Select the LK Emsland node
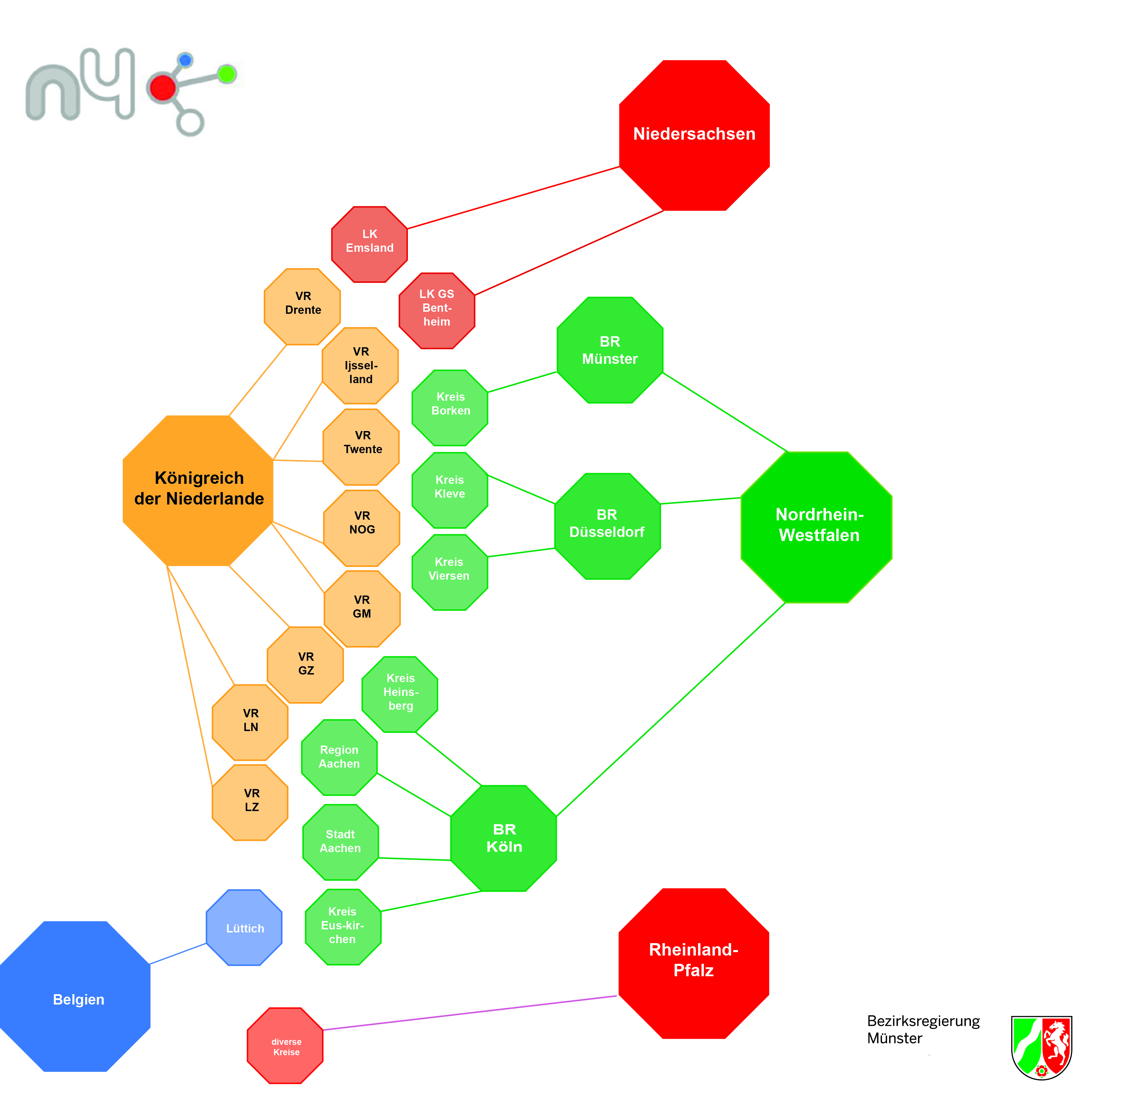(x=369, y=244)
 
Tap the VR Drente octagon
(x=302, y=306)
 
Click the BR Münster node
(x=610, y=350)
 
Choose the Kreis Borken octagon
(x=450, y=408)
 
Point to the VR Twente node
(x=361, y=447)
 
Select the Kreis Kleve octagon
(x=450, y=490)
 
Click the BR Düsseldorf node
(x=607, y=526)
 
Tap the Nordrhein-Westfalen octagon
(x=816, y=527)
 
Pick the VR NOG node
(x=362, y=528)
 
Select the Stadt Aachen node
(x=340, y=842)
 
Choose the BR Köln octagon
(x=503, y=838)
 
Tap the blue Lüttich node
(x=244, y=927)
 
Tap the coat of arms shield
(x=1041, y=1046)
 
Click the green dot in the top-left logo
(x=227, y=74)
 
